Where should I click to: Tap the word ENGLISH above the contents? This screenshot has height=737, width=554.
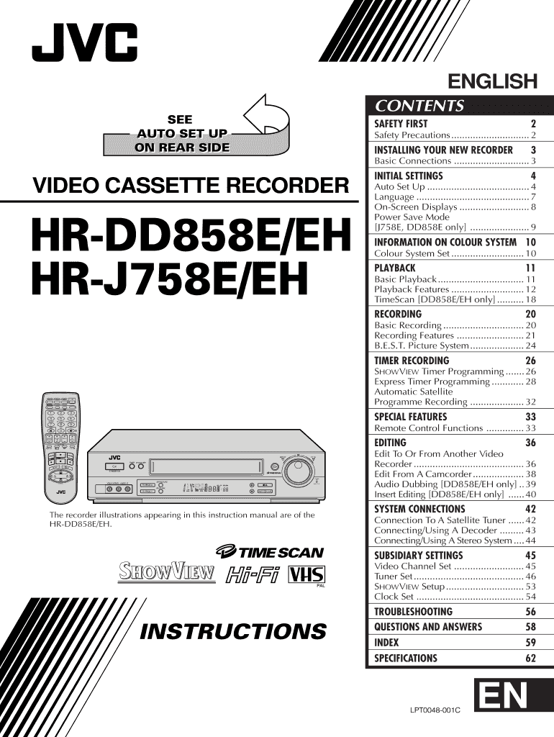click(493, 81)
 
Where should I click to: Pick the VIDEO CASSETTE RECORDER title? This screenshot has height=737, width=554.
click(191, 186)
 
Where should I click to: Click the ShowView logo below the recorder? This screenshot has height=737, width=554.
click(167, 573)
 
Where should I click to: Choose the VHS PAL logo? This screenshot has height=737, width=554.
click(306, 575)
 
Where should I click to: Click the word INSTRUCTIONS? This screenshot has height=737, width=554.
click(232, 632)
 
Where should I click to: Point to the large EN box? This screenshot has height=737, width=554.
click(502, 699)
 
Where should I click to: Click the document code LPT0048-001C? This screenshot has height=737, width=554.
click(435, 710)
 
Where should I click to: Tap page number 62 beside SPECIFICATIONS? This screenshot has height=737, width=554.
click(530, 658)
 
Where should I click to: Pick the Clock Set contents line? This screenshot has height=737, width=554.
click(394, 597)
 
